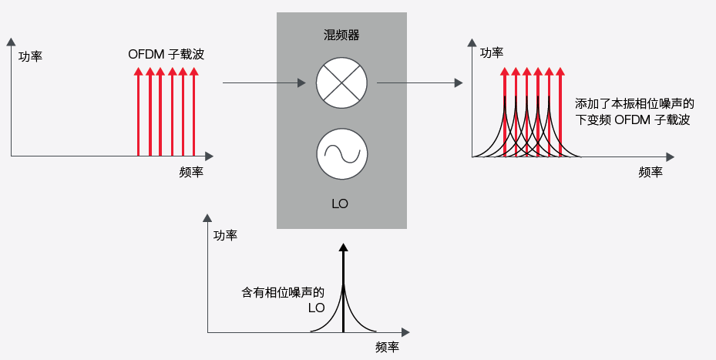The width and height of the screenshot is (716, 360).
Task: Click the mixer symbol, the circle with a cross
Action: pyautogui.click(x=341, y=82)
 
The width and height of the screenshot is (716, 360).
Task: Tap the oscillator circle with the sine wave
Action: pyautogui.click(x=341, y=152)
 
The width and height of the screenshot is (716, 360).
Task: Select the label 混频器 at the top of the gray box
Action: pyautogui.click(x=341, y=35)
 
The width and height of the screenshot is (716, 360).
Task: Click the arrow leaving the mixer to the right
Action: pyautogui.click(x=420, y=82)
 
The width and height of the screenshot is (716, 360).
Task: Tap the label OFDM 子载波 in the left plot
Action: pyautogui.click(x=166, y=55)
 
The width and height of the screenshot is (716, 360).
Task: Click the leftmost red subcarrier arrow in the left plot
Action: pyautogui.click(x=138, y=112)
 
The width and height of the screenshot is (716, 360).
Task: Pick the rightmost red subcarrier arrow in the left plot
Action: pyautogui.click(x=193, y=112)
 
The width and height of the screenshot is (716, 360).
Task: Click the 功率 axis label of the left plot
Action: pyautogui.click(x=30, y=56)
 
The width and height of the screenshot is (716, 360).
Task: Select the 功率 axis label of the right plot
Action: pyautogui.click(x=492, y=52)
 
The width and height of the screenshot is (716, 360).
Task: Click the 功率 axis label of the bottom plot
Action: pyautogui.click(x=225, y=235)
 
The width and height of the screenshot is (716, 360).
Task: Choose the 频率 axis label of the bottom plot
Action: pyautogui.click(x=387, y=347)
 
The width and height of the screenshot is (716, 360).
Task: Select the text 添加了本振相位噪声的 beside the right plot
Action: pyautogui.click(x=635, y=103)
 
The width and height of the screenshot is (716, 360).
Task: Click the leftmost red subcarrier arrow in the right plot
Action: pyautogui.click(x=504, y=112)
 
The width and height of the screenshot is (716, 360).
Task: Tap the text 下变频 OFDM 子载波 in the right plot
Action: pyautogui.click(x=632, y=120)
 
